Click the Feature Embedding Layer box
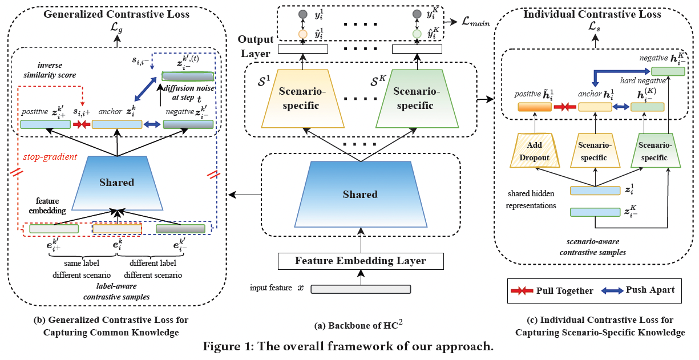pyautogui.click(x=360, y=261)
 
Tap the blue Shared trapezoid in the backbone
pyautogui.click(x=360, y=195)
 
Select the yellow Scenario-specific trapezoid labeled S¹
pyautogui.click(x=299, y=98)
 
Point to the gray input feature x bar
pyautogui.click(x=361, y=288)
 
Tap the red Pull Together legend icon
pyautogui.click(x=522, y=290)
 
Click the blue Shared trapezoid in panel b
pyautogui.click(x=117, y=183)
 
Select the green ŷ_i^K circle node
pyautogui.click(x=418, y=34)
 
